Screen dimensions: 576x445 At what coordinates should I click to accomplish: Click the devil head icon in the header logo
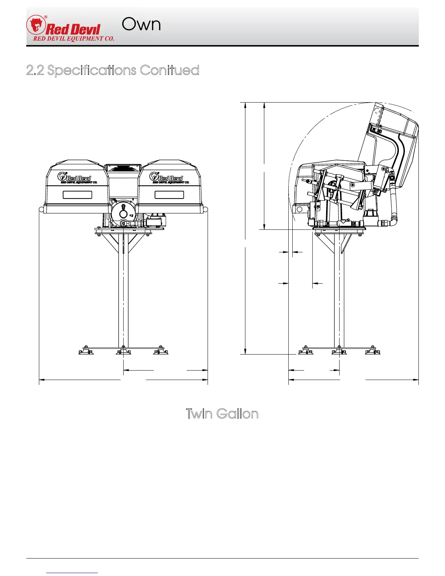pyautogui.click(x=36, y=25)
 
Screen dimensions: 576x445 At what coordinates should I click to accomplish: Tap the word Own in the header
pyautogui.click(x=141, y=24)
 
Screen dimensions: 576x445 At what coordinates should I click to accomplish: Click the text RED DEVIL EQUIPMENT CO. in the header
pyautogui.click(x=74, y=39)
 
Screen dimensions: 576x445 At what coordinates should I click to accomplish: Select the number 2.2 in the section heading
pyautogui.click(x=35, y=70)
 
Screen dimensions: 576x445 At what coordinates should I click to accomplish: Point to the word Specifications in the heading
pyautogui.click(x=92, y=71)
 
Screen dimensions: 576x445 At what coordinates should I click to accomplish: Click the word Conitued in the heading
pyautogui.click(x=169, y=70)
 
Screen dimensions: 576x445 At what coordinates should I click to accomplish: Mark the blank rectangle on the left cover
pyautogui.click(x=77, y=195)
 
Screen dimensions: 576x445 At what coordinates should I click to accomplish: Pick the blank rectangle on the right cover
pyautogui.click(x=169, y=195)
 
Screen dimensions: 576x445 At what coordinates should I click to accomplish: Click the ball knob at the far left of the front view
pyautogui.click(x=41, y=209)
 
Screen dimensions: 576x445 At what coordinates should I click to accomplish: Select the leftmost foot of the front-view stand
pyautogui.click(x=87, y=351)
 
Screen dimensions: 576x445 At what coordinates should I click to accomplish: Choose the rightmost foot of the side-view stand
pyautogui.click(x=373, y=351)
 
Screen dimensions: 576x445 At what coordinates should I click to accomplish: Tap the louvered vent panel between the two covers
pyautogui.click(x=123, y=168)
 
